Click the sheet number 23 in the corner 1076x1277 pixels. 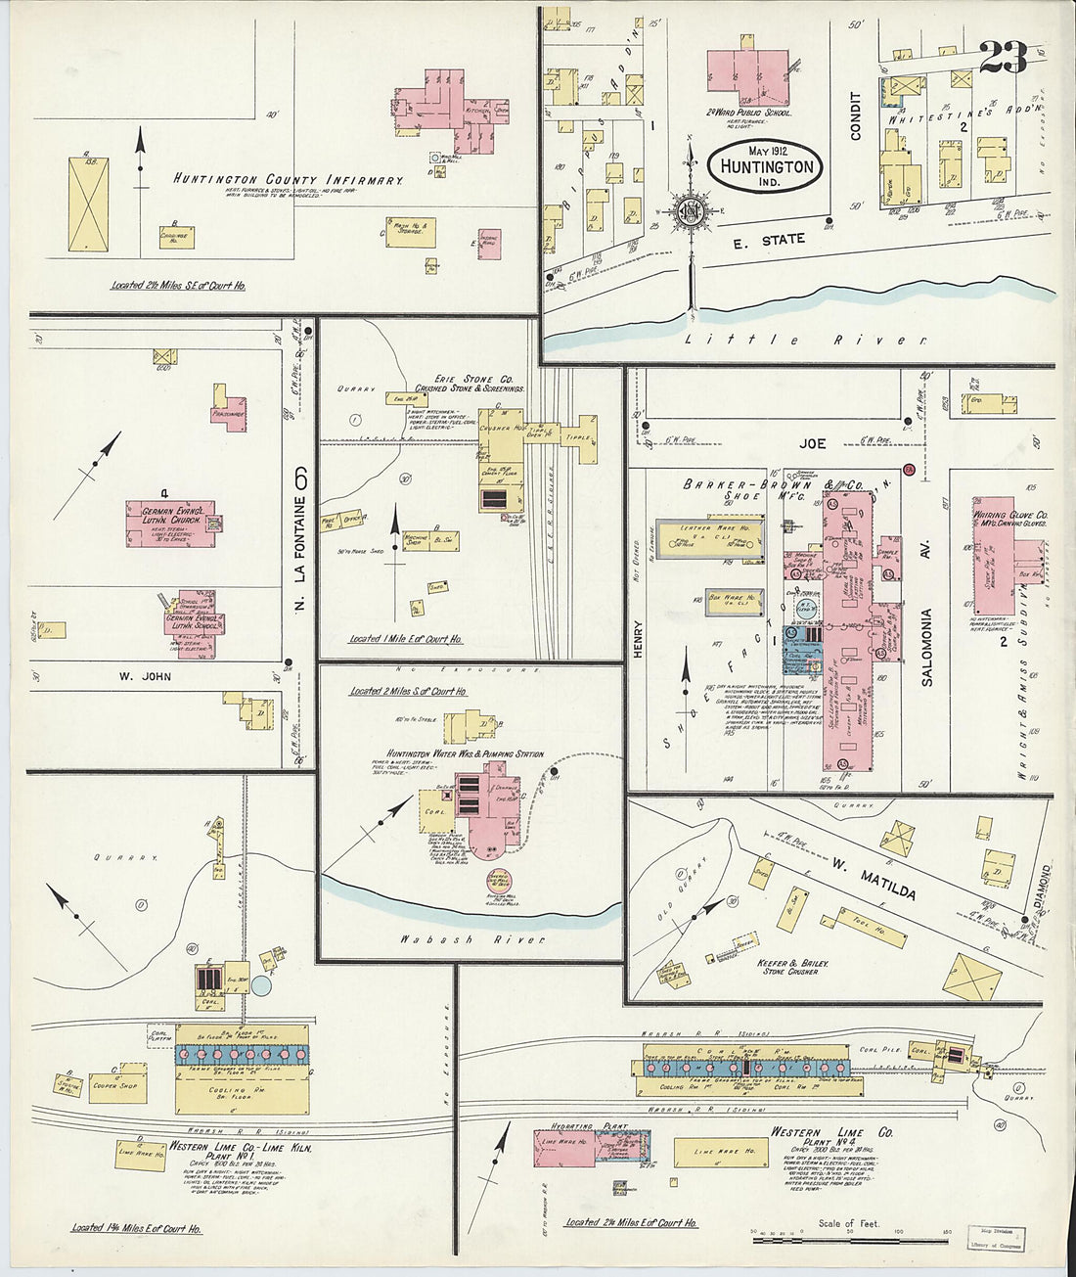(x=1002, y=58)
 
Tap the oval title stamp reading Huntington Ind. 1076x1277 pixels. (x=766, y=164)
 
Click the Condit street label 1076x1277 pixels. (x=855, y=116)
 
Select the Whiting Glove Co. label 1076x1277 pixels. (x=1010, y=516)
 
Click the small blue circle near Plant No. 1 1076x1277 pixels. (x=261, y=985)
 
